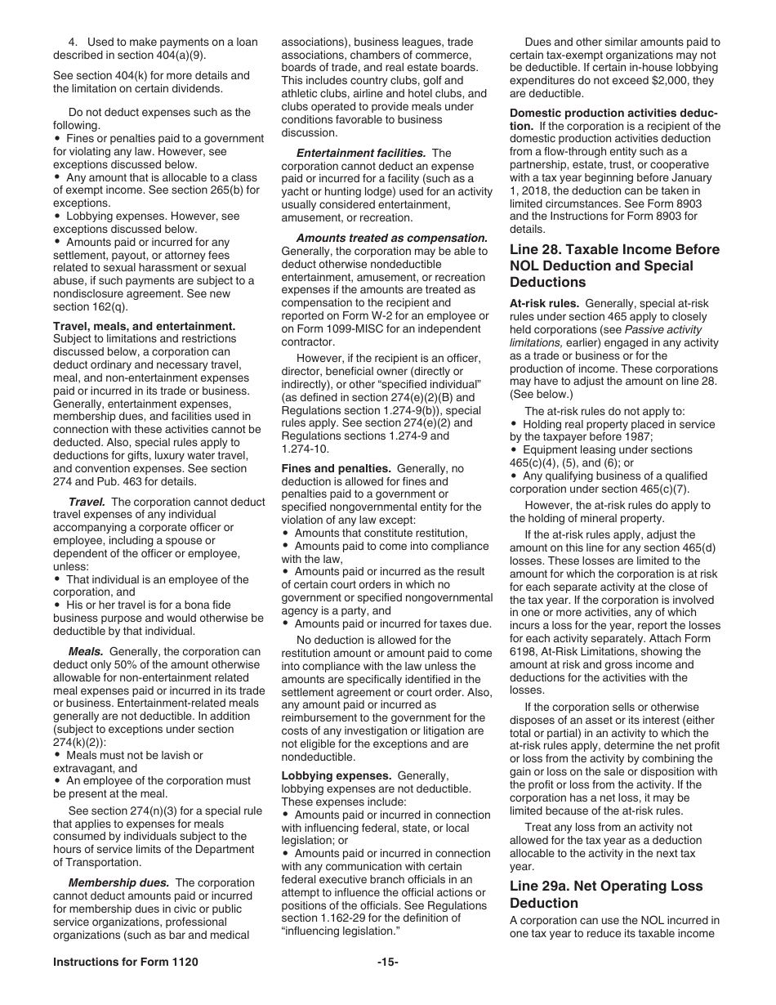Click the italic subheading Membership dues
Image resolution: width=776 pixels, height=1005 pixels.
120,882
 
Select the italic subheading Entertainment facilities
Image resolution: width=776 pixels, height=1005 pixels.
360,153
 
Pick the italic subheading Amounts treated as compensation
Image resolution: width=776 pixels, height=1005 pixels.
391,238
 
